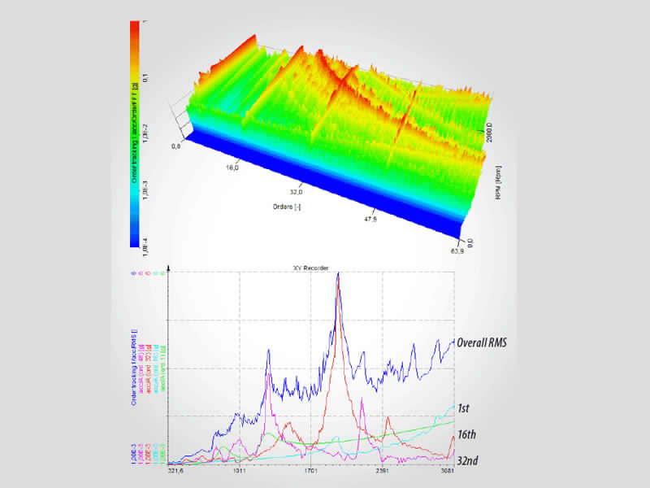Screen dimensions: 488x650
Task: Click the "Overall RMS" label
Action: tap(482, 342)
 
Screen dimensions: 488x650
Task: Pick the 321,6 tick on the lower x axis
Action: tap(176, 470)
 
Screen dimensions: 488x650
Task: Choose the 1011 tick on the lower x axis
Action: tap(240, 470)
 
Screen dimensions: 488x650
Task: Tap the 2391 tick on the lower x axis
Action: tap(383, 470)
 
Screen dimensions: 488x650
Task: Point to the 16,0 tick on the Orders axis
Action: tap(232, 168)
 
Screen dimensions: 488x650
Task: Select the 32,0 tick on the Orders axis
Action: tap(296, 193)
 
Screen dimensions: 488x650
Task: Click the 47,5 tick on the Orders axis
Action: tap(370, 219)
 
